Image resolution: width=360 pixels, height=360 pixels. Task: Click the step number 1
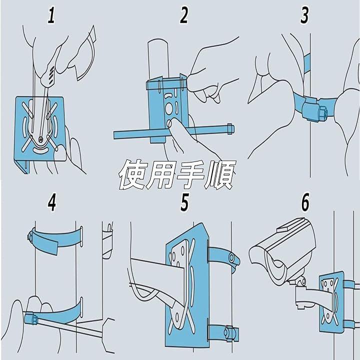pyautogui.click(x=51, y=15)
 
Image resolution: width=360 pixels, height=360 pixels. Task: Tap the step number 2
pyautogui.click(x=184, y=15)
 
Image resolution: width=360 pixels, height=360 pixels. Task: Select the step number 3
pyautogui.click(x=304, y=15)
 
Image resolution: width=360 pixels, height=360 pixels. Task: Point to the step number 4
pyautogui.click(x=52, y=202)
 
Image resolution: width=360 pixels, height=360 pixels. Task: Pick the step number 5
pyautogui.click(x=184, y=202)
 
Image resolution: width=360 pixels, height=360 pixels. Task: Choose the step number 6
pyautogui.click(x=305, y=202)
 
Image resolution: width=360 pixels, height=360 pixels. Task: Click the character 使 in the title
pyautogui.click(x=132, y=174)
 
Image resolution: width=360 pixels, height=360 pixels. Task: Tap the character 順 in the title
pyautogui.click(x=220, y=174)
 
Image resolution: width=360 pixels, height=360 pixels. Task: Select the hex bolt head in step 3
pyautogui.click(x=322, y=113)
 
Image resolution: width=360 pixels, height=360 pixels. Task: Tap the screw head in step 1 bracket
pyautogui.click(x=41, y=139)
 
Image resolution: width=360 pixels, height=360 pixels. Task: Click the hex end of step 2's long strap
pyautogui.click(x=230, y=129)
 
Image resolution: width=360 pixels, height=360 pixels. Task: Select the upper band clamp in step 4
pyautogui.click(x=55, y=240)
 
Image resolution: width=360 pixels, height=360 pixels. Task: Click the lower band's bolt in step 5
pyautogui.click(x=229, y=332)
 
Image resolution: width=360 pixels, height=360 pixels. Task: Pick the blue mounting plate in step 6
pyautogui.click(x=332, y=302)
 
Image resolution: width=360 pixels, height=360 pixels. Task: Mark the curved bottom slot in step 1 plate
pyautogui.click(x=41, y=150)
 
